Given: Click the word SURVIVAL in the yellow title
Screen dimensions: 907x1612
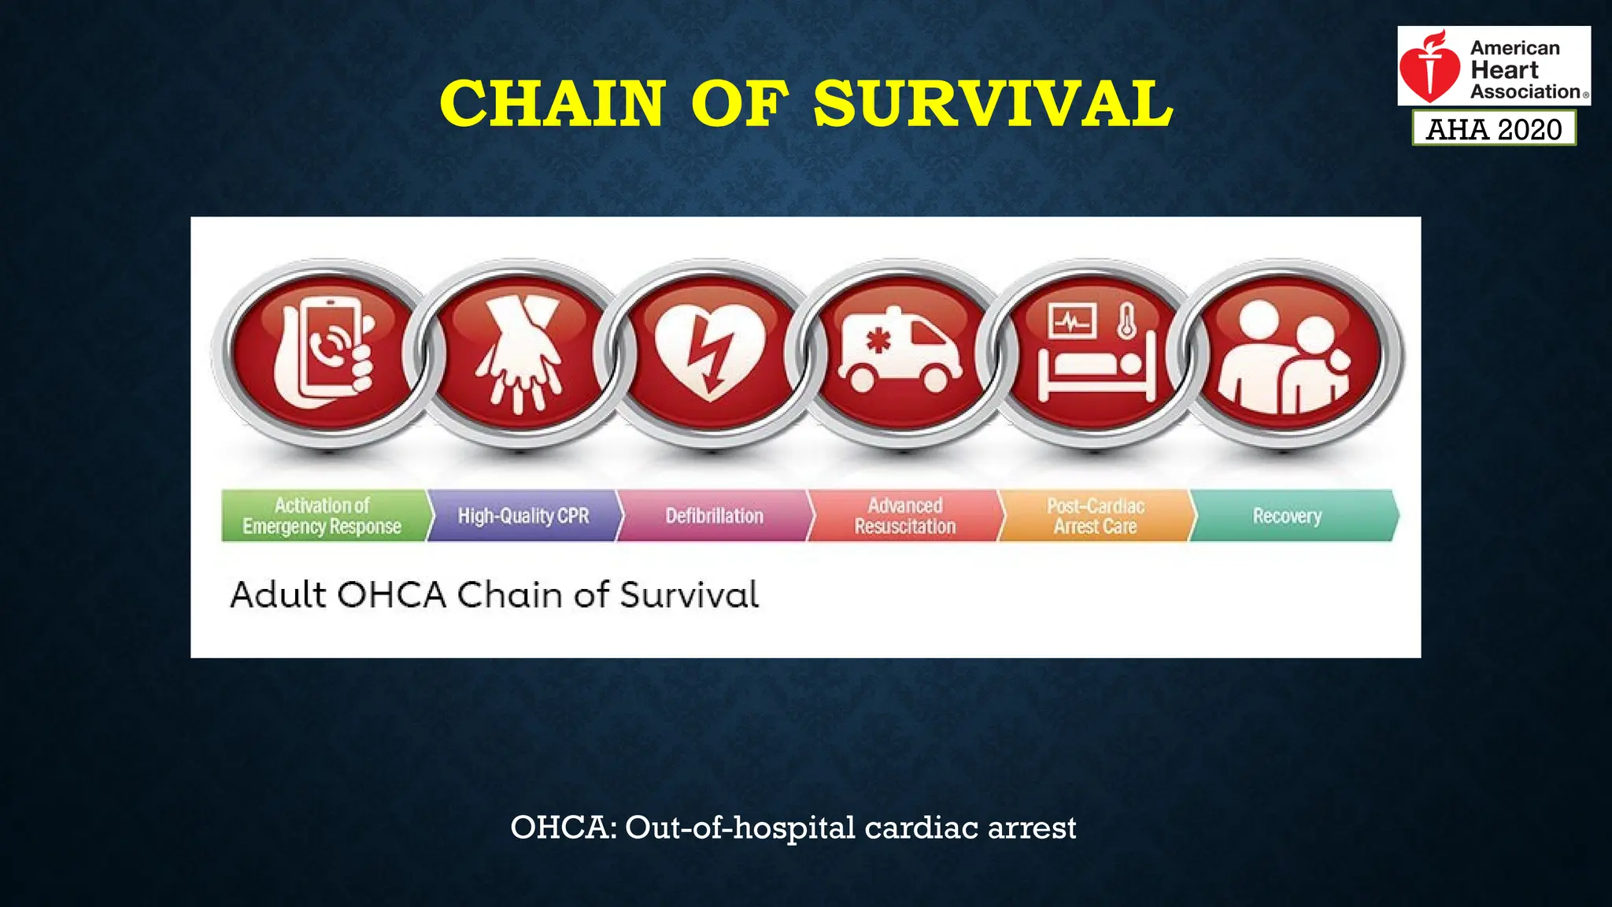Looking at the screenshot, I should pos(993,104).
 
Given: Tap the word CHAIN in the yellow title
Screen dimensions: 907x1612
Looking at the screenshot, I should pos(552,104).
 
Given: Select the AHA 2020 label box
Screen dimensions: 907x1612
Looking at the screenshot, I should pos(1494,128).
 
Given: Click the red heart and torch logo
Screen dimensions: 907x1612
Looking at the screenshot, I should pos(1430,68).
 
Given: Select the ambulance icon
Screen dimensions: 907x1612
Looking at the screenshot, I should pos(900,350).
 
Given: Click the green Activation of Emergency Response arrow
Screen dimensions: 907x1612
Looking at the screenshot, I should pos(323,516).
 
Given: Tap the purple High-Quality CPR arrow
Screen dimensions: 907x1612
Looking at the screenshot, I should pos(523,516).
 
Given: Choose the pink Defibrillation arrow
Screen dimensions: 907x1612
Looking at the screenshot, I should pos(714,516).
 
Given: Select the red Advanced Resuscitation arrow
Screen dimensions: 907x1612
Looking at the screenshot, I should pos(905,516).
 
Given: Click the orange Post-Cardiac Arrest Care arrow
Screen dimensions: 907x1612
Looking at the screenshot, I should pos(1096,516).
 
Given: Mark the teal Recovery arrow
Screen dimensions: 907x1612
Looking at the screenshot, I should pos(1288,516).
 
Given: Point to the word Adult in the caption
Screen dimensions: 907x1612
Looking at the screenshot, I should pos(278,594).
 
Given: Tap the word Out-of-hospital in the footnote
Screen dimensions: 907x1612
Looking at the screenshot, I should pos(740,827).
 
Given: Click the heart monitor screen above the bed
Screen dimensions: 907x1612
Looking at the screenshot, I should pos(1071,321).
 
